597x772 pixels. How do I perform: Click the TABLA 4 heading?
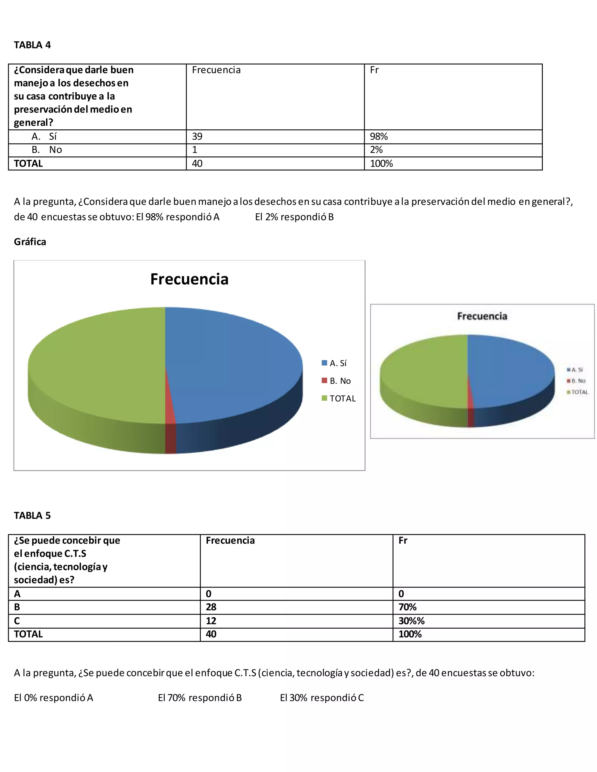[x=32, y=45]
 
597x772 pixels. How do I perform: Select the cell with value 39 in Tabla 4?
[x=197, y=136]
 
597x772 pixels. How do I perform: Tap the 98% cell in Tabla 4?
[x=379, y=136]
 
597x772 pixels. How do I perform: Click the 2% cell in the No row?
[x=376, y=150]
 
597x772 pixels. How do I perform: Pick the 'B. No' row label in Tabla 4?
[x=47, y=150]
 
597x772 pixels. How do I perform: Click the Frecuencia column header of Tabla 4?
[x=216, y=70]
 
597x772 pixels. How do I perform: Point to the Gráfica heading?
[x=30, y=242]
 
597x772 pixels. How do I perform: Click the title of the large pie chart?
[x=189, y=279]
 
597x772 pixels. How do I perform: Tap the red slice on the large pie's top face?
[x=170, y=406]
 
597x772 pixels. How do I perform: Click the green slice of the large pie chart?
[x=96, y=364]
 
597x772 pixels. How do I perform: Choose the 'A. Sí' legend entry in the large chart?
[x=334, y=363]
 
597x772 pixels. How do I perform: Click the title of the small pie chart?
[x=482, y=316]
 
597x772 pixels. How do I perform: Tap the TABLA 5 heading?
[x=32, y=515]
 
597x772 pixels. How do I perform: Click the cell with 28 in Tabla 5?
[x=211, y=607]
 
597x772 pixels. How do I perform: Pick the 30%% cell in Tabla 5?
[x=411, y=621]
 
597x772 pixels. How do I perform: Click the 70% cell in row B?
[x=408, y=607]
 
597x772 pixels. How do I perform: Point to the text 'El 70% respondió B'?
[x=200, y=697]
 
